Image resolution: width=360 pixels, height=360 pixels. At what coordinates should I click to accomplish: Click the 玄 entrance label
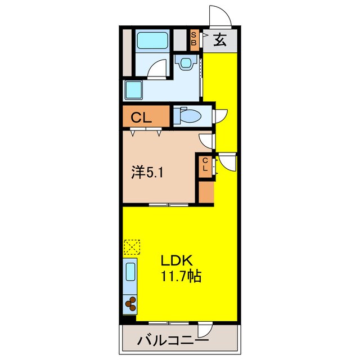point(219,40)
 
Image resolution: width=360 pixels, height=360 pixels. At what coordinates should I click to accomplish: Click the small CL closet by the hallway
point(205,165)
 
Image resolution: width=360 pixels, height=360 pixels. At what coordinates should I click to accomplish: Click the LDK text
point(178,261)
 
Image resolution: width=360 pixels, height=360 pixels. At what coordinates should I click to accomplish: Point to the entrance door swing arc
point(220,16)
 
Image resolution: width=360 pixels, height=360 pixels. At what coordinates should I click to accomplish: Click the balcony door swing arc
point(206,332)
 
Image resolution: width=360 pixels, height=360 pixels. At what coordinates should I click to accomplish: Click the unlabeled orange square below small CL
point(206,192)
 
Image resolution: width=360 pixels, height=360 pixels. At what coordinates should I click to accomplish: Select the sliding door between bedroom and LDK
point(168,205)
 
